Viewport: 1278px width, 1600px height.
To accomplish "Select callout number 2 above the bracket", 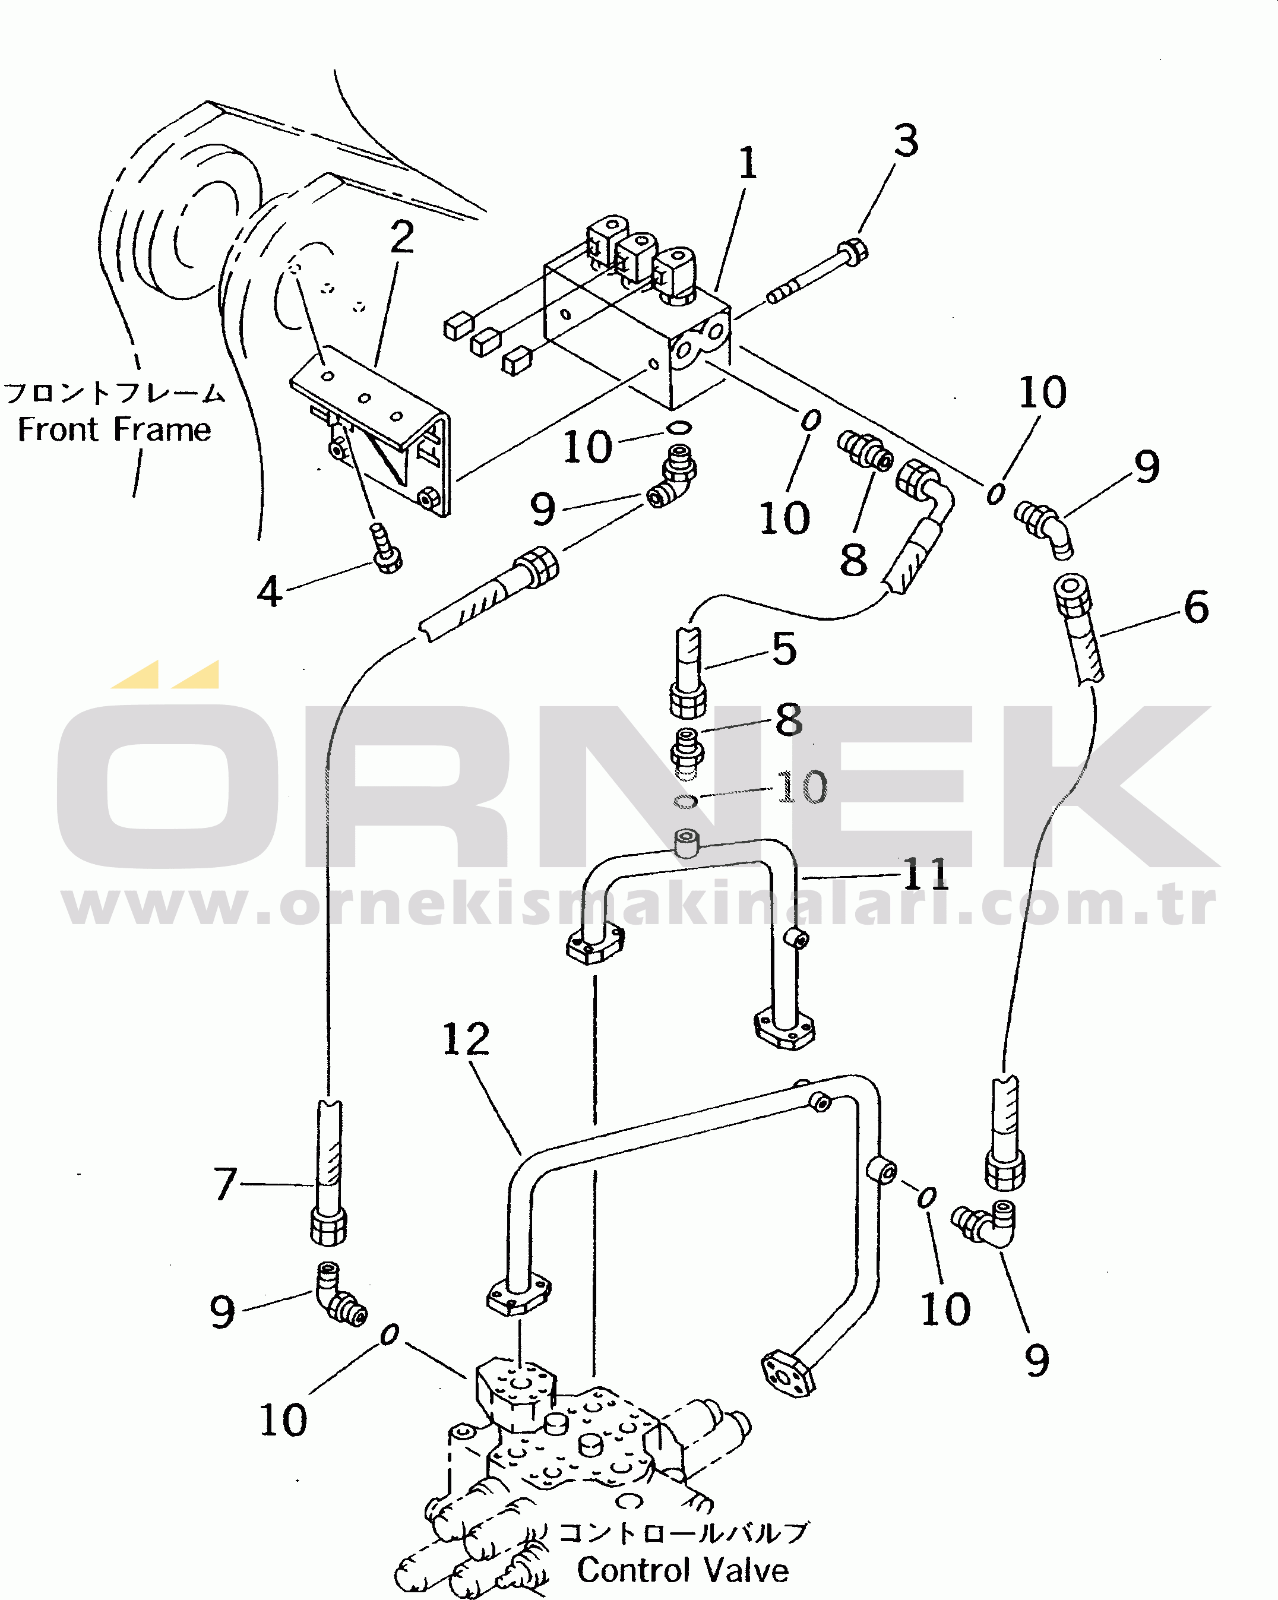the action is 402,237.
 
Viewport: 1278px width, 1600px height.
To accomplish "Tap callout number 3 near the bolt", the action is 906,140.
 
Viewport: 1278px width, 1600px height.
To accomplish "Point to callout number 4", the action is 270,592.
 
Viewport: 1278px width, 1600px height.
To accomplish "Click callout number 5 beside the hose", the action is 784,648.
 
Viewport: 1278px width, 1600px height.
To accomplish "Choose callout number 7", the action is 226,1184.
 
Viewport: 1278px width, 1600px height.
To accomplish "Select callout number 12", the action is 466,1039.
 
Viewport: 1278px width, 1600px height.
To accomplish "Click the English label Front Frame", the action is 114,429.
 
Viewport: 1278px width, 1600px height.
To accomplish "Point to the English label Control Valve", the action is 683,1570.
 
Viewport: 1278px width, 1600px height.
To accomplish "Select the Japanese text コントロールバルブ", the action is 682,1532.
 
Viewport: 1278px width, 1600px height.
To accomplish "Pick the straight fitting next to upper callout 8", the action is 865,450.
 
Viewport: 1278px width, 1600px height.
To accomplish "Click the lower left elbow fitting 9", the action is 338,1294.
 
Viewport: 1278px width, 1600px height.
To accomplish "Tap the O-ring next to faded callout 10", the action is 685,801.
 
